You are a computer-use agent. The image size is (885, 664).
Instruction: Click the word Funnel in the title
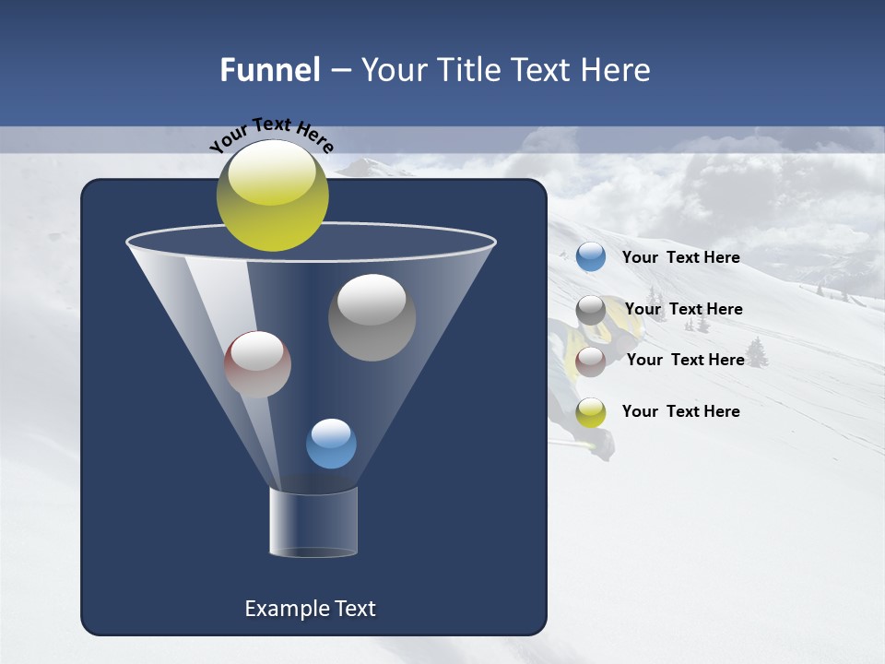pyautogui.click(x=270, y=70)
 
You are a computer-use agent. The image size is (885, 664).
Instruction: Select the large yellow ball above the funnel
pyautogui.click(x=272, y=195)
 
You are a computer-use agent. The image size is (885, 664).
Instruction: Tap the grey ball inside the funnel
pyautogui.click(x=372, y=317)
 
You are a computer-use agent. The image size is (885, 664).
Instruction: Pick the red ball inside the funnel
pyautogui.click(x=257, y=364)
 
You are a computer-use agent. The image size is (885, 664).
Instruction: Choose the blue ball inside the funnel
pyautogui.click(x=331, y=444)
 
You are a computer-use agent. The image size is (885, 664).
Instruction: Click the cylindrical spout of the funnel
pyautogui.click(x=313, y=522)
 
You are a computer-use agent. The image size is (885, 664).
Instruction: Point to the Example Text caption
pyautogui.click(x=310, y=609)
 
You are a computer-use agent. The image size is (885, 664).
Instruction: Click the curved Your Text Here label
pyautogui.click(x=272, y=135)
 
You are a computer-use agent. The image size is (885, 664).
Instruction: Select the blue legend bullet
pyautogui.click(x=591, y=257)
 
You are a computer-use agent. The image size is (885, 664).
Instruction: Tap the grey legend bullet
pyautogui.click(x=591, y=310)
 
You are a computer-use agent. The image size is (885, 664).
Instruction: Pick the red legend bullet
pyautogui.click(x=591, y=362)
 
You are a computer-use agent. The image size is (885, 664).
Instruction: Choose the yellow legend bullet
pyautogui.click(x=591, y=412)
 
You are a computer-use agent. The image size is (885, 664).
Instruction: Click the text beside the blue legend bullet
pyautogui.click(x=680, y=257)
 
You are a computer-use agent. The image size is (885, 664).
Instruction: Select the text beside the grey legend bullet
pyautogui.click(x=683, y=309)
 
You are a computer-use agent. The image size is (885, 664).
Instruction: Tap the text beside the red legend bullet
pyautogui.click(x=685, y=360)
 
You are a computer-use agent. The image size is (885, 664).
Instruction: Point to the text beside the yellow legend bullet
pyautogui.click(x=680, y=411)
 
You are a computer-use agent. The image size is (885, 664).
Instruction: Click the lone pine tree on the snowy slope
pyautogui.click(x=757, y=352)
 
